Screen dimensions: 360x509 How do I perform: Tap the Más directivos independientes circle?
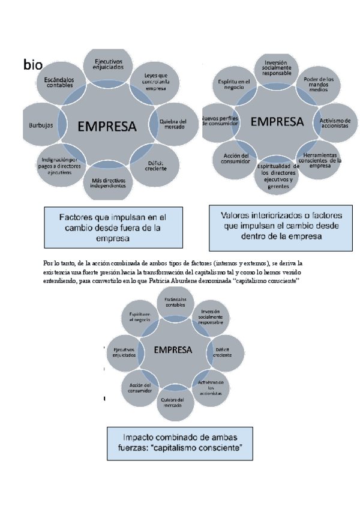tap(109, 181)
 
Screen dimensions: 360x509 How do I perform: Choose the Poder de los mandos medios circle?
tap(319, 86)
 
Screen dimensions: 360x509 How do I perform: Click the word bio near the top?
tap(33, 65)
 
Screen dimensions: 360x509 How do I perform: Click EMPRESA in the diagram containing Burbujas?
tap(107, 127)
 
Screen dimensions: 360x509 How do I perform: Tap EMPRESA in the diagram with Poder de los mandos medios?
tap(277, 122)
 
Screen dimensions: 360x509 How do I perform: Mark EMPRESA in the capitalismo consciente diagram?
tap(173, 349)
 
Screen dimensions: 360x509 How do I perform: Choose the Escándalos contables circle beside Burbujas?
tap(58, 83)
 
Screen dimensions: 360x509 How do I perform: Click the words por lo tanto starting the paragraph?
tap(56, 264)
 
